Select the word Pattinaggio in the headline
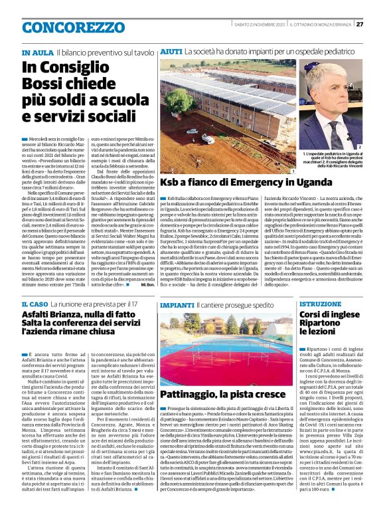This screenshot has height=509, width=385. (x=191, y=394)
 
